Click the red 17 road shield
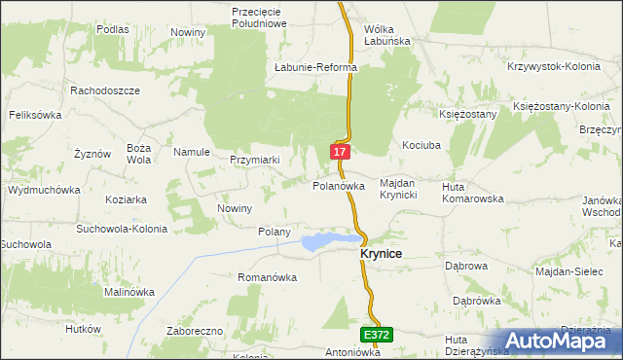(339, 153)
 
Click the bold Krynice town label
(375, 253)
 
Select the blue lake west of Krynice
(326, 240)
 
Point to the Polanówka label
(339, 185)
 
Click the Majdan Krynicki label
(398, 190)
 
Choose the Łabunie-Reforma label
(316, 68)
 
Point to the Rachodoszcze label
(105, 90)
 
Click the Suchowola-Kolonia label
(122, 229)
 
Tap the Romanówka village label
(267, 277)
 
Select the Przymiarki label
(255, 161)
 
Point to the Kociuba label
(423, 145)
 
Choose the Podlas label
(113, 29)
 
